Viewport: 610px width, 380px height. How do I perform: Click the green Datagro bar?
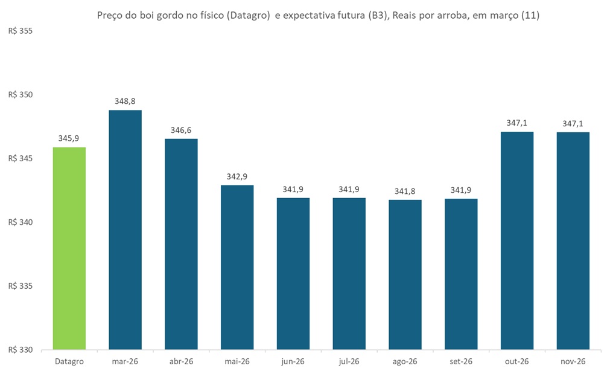pos(69,248)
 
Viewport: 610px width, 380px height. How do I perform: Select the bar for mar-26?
pos(125,230)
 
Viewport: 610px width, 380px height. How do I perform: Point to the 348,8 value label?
pos(125,101)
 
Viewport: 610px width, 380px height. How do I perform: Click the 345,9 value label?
pos(69,138)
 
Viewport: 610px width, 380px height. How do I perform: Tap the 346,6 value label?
pos(181,130)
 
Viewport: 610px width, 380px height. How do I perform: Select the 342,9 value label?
pos(237,176)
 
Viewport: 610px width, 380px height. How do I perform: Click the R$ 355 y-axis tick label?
pos(20,31)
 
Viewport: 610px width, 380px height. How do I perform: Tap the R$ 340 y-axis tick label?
pos(20,222)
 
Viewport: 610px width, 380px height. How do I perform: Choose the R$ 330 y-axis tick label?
pos(20,350)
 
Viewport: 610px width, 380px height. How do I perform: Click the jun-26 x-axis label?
pos(293,361)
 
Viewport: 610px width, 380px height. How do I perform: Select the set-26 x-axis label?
pos(461,361)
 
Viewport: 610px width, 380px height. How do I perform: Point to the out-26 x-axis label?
pos(517,361)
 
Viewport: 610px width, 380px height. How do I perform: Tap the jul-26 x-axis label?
pos(349,361)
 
